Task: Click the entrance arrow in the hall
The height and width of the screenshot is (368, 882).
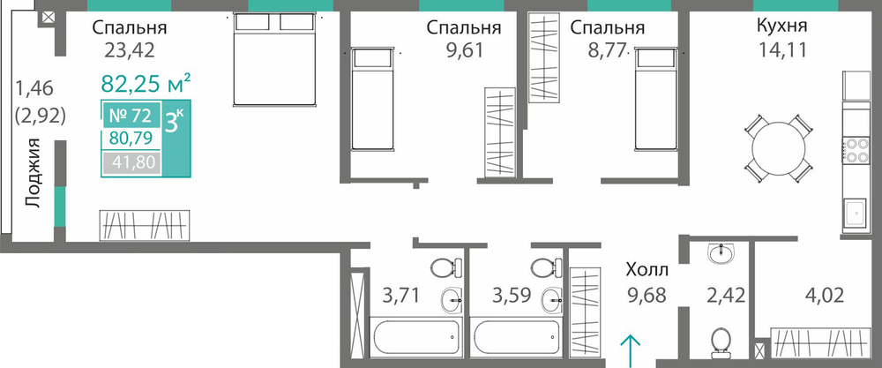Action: pyautogui.click(x=631, y=350)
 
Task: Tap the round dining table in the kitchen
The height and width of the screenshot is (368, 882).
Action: pyautogui.click(x=779, y=148)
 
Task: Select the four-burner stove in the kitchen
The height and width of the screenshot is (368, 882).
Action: pyautogui.click(x=855, y=151)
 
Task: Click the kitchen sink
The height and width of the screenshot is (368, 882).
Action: pyautogui.click(x=855, y=214)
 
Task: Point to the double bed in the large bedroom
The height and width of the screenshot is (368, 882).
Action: pyautogui.click(x=275, y=59)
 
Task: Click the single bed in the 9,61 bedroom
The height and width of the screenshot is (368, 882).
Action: pyautogui.click(x=371, y=99)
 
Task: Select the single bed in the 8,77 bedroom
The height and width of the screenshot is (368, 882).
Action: pyautogui.click(x=655, y=99)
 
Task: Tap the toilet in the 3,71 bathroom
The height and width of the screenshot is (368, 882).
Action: pyautogui.click(x=446, y=268)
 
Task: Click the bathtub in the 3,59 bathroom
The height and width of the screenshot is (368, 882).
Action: pyautogui.click(x=516, y=337)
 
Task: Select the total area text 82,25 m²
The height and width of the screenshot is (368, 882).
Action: pyautogui.click(x=146, y=84)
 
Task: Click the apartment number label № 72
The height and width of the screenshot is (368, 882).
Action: pyautogui.click(x=130, y=116)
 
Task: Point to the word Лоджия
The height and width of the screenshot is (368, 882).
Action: pyautogui.click(x=34, y=173)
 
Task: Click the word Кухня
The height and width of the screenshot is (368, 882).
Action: pyautogui.click(x=782, y=26)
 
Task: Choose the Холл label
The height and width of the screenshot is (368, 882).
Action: pyautogui.click(x=647, y=271)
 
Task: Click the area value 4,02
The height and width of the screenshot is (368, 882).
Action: pyautogui.click(x=823, y=295)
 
